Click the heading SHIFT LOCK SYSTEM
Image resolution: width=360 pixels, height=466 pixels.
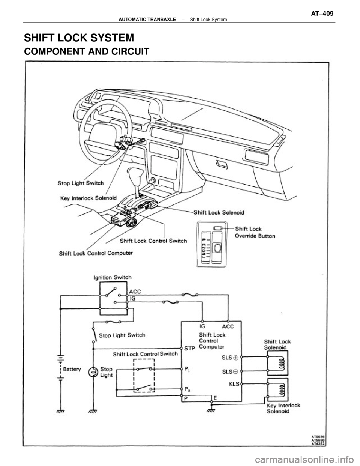pyautogui.click(x=79, y=38)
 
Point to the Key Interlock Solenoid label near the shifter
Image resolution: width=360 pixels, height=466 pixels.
pyautogui.click(x=88, y=197)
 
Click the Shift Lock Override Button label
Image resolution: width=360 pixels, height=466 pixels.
pyautogui.click(x=255, y=232)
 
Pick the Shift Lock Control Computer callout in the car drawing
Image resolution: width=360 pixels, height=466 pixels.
pyautogui.click(x=96, y=253)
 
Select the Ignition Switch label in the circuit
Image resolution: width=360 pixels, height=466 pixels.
pyautogui.click(x=112, y=278)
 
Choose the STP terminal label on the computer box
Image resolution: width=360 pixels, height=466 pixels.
pyautogui.click(x=190, y=349)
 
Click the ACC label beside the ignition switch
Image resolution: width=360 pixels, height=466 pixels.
pyautogui.click(x=135, y=291)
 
